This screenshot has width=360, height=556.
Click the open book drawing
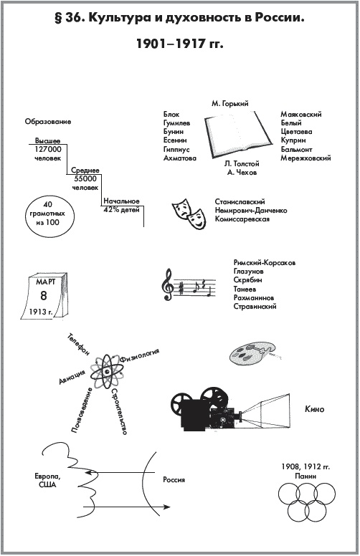(238, 135)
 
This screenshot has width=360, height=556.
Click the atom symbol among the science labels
(107, 371)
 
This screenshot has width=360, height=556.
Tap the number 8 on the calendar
(43, 295)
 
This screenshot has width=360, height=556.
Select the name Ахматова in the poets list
(180, 158)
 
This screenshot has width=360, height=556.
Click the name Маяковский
(301, 114)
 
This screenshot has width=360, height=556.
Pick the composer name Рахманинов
(253, 298)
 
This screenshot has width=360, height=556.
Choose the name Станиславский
(240, 202)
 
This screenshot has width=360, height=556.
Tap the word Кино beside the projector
(315, 409)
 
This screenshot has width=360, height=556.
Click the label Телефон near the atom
(78, 345)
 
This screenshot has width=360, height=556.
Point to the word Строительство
(119, 411)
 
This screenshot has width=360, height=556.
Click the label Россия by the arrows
(174, 480)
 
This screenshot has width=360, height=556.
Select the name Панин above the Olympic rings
(305, 476)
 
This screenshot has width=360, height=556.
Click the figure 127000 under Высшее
(48, 150)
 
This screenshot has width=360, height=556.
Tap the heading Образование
(48, 122)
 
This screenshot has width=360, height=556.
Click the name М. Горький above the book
(230, 104)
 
